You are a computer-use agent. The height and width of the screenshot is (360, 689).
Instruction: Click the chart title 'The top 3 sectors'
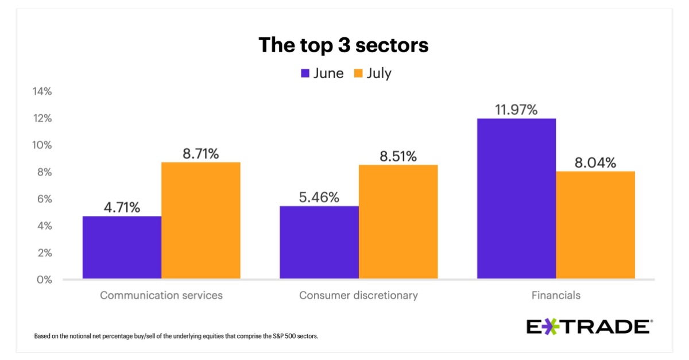click(343, 45)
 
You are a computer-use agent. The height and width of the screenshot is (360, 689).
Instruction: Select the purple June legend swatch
click(305, 73)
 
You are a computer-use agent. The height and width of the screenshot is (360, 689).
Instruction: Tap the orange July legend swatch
click(358, 73)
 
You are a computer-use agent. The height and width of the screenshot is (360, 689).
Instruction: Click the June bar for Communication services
click(122, 247)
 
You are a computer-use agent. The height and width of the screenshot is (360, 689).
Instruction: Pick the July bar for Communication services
click(200, 220)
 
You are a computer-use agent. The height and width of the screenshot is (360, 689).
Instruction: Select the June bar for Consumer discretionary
click(319, 242)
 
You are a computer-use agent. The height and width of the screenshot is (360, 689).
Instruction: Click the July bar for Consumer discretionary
click(398, 222)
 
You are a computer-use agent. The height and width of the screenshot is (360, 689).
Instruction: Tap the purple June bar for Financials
click(516, 199)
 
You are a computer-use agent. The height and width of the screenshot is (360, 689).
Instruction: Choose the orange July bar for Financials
click(595, 225)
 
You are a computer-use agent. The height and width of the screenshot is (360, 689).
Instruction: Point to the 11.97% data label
click(516, 109)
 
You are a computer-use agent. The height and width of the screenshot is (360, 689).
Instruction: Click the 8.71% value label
click(200, 153)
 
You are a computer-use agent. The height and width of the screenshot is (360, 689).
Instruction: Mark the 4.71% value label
click(122, 207)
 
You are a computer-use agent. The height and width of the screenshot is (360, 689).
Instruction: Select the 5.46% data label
click(319, 198)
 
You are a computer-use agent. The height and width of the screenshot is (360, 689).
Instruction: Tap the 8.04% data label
click(595, 162)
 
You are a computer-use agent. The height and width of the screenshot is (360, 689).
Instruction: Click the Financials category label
click(555, 296)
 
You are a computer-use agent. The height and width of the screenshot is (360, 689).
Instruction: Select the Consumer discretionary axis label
click(358, 296)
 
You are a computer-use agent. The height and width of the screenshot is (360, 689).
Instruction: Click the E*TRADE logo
click(589, 327)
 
